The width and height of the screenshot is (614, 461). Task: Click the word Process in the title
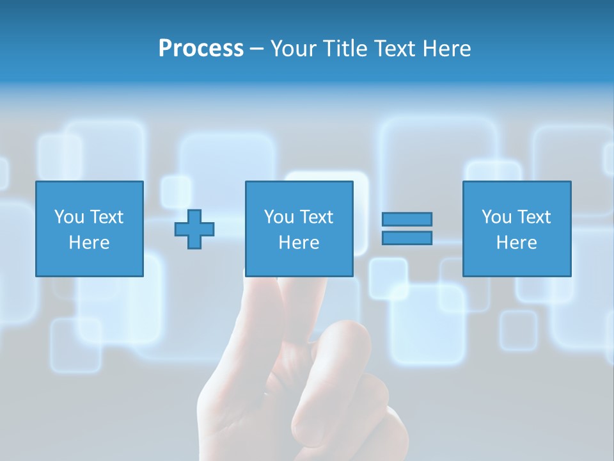click(x=201, y=49)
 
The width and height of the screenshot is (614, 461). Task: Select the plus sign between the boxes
click(x=194, y=229)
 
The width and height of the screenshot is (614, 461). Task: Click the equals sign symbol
click(x=407, y=229)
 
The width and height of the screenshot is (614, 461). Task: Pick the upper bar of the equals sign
click(x=407, y=219)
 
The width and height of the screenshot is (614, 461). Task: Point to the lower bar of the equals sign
click(x=407, y=238)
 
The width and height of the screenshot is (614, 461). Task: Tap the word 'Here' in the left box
click(x=89, y=243)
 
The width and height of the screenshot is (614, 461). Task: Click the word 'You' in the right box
click(x=496, y=217)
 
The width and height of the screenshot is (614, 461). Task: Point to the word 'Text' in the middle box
click(x=315, y=217)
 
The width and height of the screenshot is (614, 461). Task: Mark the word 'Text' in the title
click(x=395, y=49)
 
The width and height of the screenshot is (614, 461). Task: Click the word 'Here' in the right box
click(x=516, y=243)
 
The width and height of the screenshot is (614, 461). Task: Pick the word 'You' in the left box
click(x=69, y=217)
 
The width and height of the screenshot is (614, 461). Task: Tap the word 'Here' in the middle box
click(x=299, y=243)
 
